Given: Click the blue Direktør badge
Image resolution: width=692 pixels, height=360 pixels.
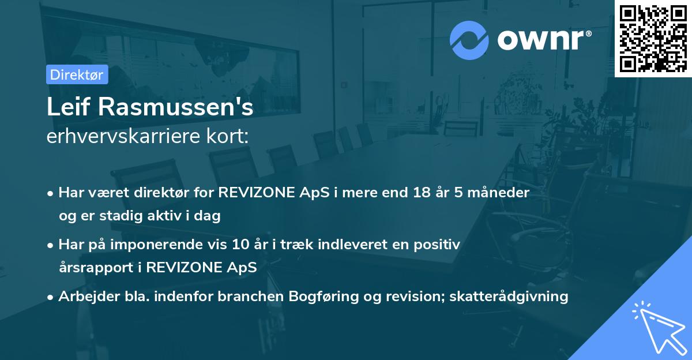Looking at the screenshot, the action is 77,74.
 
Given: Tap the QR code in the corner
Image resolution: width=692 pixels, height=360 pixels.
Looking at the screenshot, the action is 653,39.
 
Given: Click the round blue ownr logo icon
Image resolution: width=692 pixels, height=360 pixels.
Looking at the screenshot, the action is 469,40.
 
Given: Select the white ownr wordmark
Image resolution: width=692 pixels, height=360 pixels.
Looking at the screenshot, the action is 540,40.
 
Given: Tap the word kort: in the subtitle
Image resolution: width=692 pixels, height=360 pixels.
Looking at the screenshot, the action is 227,136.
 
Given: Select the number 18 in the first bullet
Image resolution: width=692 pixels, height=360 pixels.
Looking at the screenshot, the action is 422,193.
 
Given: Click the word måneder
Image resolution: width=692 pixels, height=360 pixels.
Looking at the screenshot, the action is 498,193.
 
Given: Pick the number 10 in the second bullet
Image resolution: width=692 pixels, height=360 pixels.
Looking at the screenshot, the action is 240,245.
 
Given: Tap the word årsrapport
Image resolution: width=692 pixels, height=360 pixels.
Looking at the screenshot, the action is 96,268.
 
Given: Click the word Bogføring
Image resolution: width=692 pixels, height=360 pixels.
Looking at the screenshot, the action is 324,297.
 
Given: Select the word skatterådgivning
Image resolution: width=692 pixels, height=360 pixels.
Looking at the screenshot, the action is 509,297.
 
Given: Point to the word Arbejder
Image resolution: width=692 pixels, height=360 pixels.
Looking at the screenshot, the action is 89,297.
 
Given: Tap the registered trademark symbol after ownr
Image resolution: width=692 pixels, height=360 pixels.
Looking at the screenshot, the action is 588,33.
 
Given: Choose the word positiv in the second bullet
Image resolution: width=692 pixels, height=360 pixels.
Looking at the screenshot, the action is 437,245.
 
